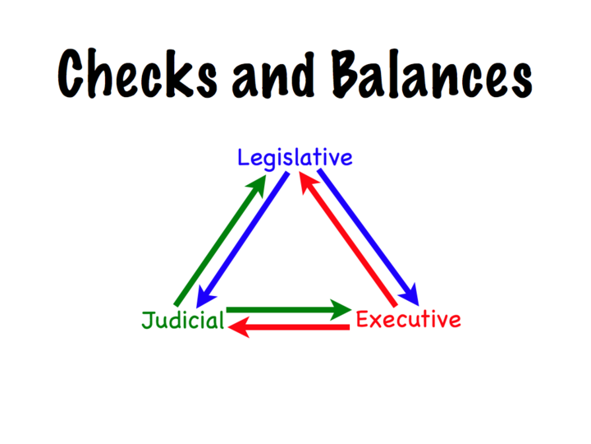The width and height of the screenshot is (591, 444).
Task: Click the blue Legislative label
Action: pos(295,157)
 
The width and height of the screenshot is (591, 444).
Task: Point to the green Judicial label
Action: pos(182,321)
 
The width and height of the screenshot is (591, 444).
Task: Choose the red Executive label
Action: pos(408,319)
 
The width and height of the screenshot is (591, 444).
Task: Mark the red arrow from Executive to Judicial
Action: pos(291,328)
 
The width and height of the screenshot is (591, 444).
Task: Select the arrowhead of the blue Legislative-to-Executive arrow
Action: pos(410,293)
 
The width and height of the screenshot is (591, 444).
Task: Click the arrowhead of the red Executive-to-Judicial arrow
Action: pos(238,328)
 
